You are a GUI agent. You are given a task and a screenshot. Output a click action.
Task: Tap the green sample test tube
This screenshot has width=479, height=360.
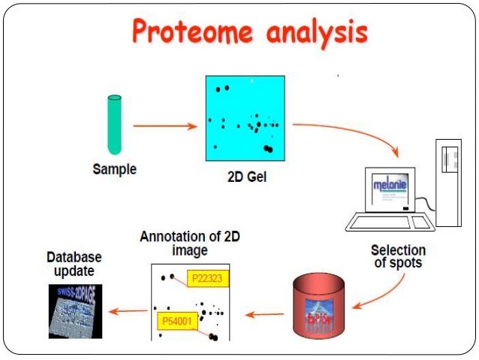pyautogui.click(x=114, y=123)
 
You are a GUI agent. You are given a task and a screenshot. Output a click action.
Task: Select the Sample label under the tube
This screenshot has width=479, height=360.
pyautogui.click(x=114, y=169)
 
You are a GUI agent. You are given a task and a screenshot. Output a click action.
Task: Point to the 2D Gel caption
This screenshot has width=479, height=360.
pyautogui.click(x=246, y=178)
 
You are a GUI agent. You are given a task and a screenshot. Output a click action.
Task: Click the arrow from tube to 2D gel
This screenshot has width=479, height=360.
pyautogui.click(x=164, y=126)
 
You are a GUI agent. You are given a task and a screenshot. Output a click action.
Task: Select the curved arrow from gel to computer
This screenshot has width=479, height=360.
pyautogui.click(x=353, y=135)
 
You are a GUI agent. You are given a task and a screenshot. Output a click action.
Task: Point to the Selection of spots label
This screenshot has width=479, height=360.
pyautogui.click(x=398, y=256)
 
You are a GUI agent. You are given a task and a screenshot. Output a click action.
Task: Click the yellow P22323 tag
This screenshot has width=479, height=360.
pyautogui.click(x=209, y=278)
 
